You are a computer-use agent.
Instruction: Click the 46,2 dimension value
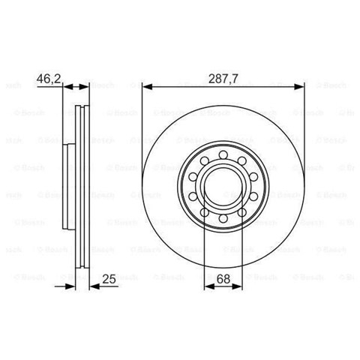[x=49, y=76]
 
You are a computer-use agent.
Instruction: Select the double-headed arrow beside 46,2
[x=77, y=86]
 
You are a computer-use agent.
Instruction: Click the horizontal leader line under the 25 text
[x=105, y=286]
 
